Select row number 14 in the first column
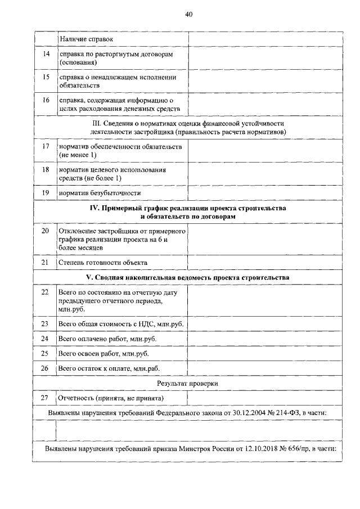click(46, 53)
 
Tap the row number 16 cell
click(46, 100)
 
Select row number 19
click(46, 193)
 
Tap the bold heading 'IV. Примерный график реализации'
click(188, 208)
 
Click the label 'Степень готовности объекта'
click(102, 262)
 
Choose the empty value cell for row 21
click(264, 262)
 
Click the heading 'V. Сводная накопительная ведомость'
click(188, 278)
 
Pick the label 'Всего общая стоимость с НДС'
click(121, 324)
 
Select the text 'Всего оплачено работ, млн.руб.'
click(107, 339)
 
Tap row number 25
click(46, 353)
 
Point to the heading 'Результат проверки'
click(188, 383)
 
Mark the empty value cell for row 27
click(264, 398)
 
